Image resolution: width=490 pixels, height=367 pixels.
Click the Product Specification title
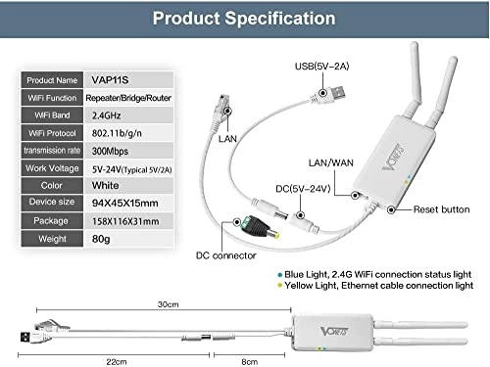[x=243, y=17]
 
